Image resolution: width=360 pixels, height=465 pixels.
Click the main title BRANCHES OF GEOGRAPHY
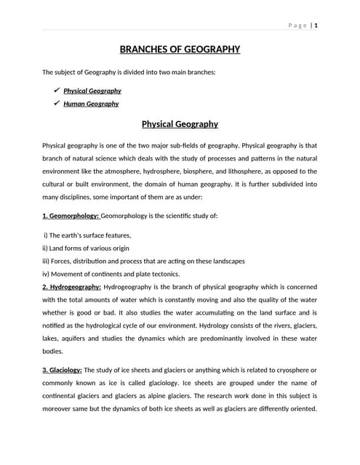coord(180,49)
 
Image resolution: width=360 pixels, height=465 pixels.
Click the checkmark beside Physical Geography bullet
coord(56,90)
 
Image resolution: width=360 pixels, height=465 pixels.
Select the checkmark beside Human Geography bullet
coord(56,103)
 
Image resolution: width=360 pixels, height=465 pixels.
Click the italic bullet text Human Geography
coord(91,104)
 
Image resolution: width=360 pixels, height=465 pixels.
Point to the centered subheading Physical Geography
coord(180,124)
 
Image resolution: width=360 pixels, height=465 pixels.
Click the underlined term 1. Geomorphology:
coord(71,216)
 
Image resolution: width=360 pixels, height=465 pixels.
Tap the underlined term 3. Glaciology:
coord(63,370)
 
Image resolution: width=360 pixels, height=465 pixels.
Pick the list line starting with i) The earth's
coord(77,235)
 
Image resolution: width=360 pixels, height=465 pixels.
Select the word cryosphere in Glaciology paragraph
coord(292,370)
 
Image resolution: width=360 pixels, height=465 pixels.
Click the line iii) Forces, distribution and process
coord(143,261)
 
